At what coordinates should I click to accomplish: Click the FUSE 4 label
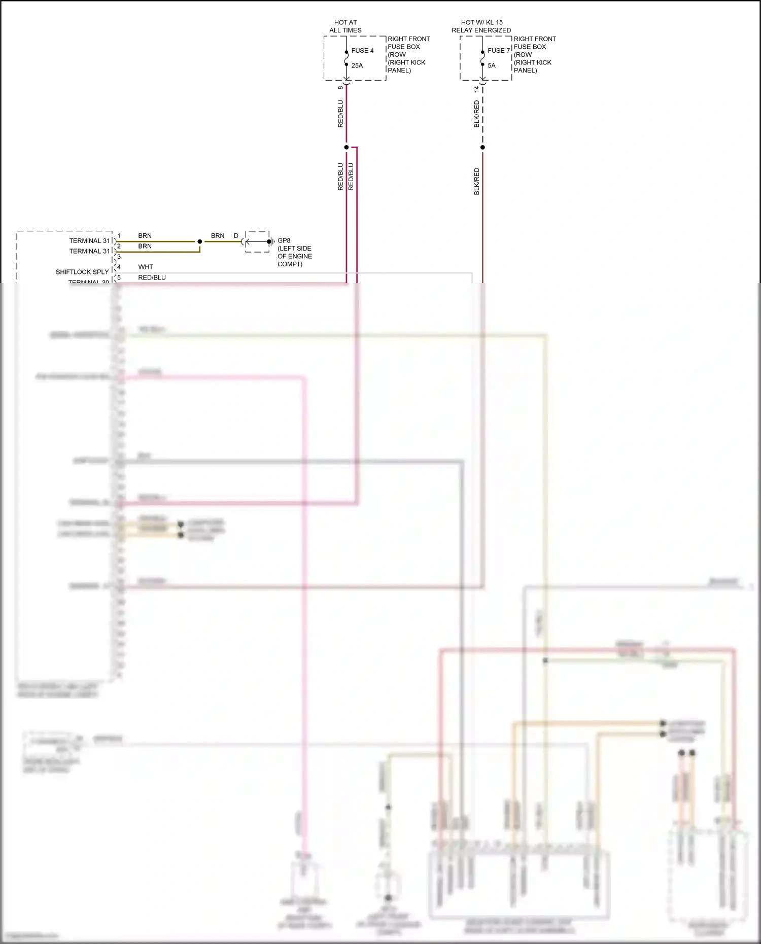[x=362, y=51]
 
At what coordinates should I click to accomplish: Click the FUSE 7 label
[x=498, y=51]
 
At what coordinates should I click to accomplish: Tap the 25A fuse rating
[x=357, y=65]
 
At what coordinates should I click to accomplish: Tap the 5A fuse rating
[x=492, y=65]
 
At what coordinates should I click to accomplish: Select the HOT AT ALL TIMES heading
[x=345, y=26]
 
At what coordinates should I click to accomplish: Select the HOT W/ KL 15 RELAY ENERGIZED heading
[x=481, y=26]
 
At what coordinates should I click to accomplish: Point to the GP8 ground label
[x=284, y=240]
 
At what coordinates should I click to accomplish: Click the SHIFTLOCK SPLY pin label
[x=82, y=272]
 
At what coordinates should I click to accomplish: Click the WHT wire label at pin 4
[x=146, y=267]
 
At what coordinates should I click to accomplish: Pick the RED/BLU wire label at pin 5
[x=152, y=277]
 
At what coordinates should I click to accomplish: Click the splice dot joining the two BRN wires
[x=200, y=241]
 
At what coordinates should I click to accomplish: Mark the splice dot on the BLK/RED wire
[x=482, y=148]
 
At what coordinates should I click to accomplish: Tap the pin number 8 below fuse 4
[x=340, y=88]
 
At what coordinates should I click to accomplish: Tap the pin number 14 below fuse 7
[x=476, y=89]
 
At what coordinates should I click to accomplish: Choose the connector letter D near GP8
[x=236, y=236]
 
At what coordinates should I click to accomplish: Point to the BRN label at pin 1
[x=145, y=236]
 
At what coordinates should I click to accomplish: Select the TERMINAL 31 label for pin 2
[x=89, y=251]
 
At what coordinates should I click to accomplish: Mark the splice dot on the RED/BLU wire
[x=347, y=148]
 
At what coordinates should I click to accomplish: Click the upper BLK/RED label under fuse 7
[x=476, y=114]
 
